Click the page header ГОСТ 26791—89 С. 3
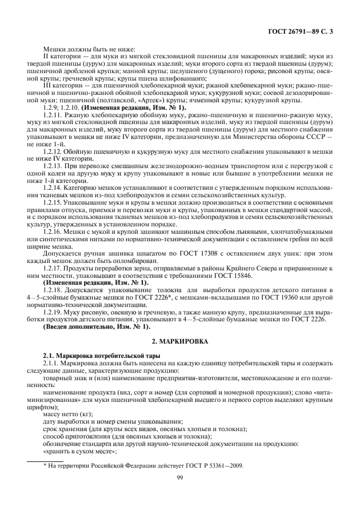tap(307, 30)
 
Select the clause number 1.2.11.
tap(53, 115)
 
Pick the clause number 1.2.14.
tap(53, 186)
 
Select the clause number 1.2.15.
tap(53, 201)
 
